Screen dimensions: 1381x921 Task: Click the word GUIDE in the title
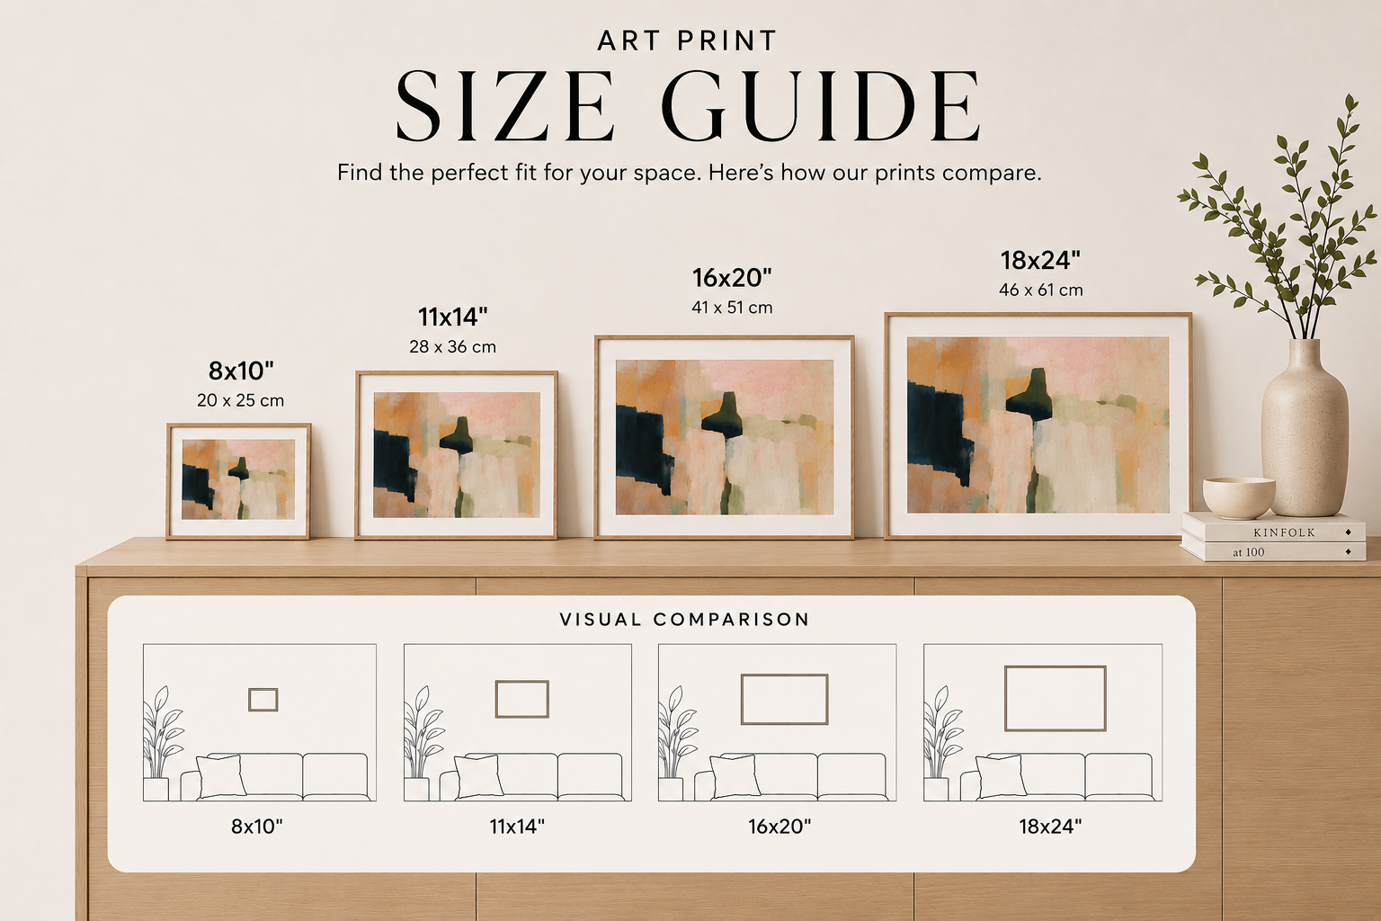tap(820, 105)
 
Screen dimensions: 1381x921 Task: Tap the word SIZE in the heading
tap(505, 105)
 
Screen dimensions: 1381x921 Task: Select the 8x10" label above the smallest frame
tap(241, 371)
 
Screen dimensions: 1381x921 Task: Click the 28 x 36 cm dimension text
tap(452, 346)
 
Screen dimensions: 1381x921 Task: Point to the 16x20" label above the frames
tap(732, 278)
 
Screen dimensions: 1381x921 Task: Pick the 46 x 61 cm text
tap(1040, 290)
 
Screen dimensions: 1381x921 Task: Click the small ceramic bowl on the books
tap(1239, 497)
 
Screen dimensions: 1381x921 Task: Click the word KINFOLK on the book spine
tap(1284, 532)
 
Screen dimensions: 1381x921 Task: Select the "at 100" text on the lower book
tap(1249, 552)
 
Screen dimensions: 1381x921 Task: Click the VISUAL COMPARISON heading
tap(684, 620)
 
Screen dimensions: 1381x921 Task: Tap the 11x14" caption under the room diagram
tap(517, 826)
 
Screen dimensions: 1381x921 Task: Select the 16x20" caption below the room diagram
tap(780, 826)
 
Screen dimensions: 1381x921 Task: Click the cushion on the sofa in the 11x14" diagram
tap(478, 776)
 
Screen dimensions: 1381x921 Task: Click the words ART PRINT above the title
tap(687, 40)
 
